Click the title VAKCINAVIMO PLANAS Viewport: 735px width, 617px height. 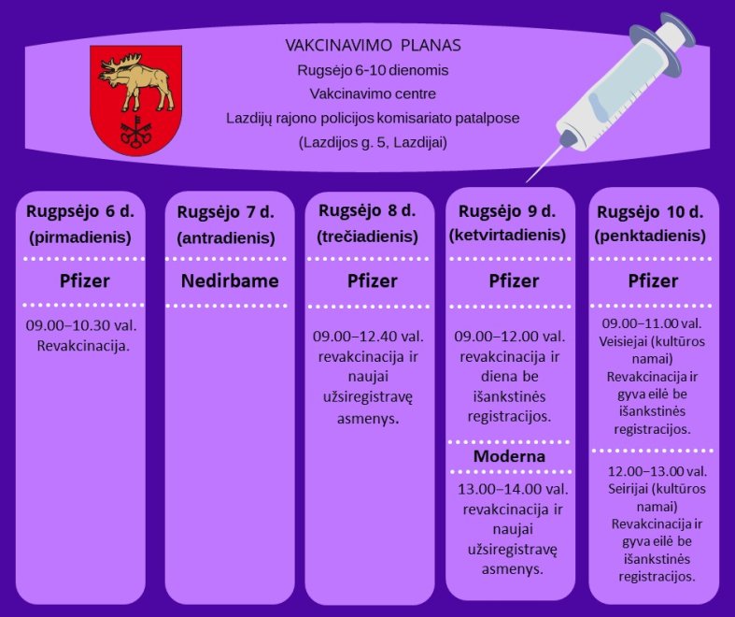[374, 45]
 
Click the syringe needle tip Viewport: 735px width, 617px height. [528, 181]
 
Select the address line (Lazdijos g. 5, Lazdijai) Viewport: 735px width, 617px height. [374, 142]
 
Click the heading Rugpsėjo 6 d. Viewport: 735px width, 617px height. [80, 211]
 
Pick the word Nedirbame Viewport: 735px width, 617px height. [230, 280]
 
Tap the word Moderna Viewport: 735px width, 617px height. [509, 456]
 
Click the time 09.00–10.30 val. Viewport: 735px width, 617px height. [81, 325]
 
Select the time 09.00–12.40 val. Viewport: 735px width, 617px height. [368, 337]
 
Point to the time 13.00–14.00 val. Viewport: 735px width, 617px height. [513, 489]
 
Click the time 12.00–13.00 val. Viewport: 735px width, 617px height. [657, 471]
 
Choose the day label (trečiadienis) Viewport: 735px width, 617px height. [368, 236]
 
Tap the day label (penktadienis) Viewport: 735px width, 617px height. [650, 236]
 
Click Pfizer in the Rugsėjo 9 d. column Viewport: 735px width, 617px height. [514, 280]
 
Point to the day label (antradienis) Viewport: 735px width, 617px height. [226, 237]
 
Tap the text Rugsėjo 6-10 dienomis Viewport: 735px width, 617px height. [374, 70]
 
